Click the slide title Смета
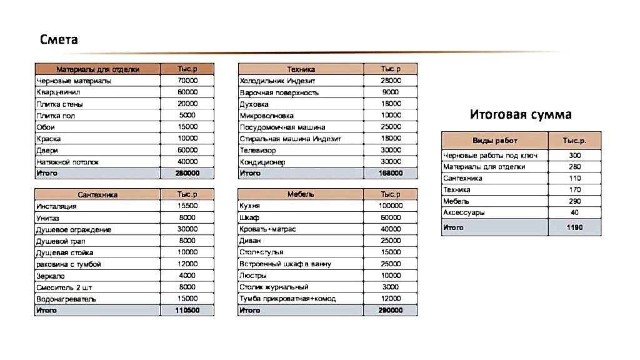pos(59,40)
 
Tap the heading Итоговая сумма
pos(521,114)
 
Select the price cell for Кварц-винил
pos(187,92)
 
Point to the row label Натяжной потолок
pos(68,162)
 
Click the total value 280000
pos(187,173)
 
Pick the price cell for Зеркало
pos(187,276)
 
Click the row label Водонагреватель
pos(66,299)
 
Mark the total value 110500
pos(187,310)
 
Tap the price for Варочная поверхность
pos(391,92)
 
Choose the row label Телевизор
pos(259,150)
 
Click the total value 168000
pos(391,173)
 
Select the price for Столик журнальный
pos(391,287)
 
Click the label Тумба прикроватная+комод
pos(287,299)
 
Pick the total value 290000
pos(391,310)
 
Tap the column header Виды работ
pos(494,141)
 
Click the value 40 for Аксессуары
pos(574,213)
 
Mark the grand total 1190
pos(574,227)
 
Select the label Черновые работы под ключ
pos(490,156)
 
